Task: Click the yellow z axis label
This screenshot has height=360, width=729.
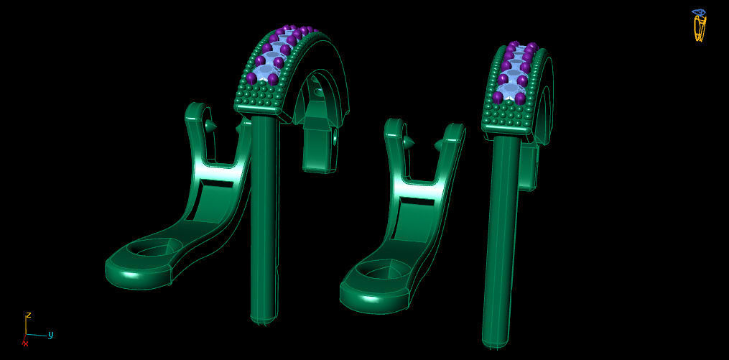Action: tap(28, 315)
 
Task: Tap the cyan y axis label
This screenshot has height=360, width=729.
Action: tap(51, 334)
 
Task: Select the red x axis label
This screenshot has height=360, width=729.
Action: tap(26, 343)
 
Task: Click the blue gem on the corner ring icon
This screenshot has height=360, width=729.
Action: tap(698, 12)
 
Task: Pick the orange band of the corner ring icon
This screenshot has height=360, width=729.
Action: tap(699, 29)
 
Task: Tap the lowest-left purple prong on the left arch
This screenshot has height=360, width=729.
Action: tap(251, 78)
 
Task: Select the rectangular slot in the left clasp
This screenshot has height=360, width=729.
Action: tap(216, 184)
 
